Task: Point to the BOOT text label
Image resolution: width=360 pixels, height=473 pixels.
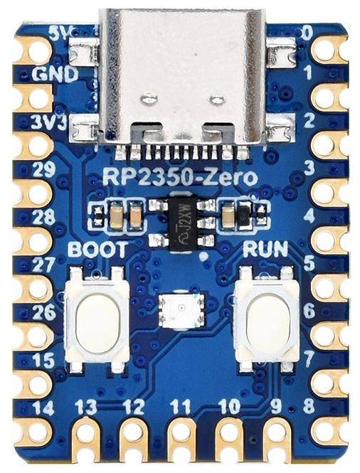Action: (x=98, y=250)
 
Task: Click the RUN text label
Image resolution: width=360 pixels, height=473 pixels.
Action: (x=265, y=250)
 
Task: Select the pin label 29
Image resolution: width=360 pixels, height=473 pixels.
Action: (x=43, y=169)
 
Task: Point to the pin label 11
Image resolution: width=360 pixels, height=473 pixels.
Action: (x=181, y=408)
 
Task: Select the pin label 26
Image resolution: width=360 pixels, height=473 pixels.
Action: (x=43, y=312)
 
